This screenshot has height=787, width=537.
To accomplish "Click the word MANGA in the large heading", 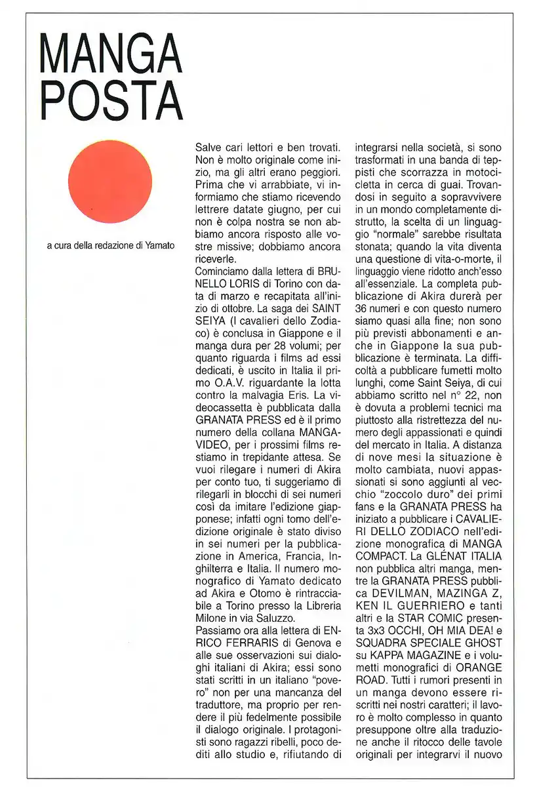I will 110,56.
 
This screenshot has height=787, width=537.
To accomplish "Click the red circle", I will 110,182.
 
